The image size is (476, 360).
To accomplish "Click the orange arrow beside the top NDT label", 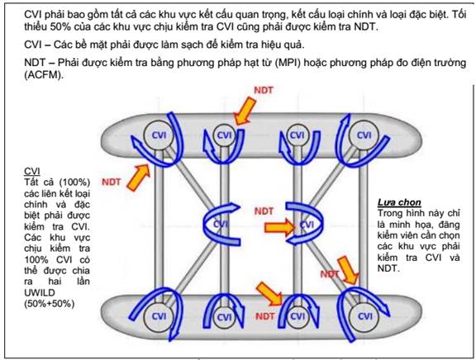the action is point(245,111).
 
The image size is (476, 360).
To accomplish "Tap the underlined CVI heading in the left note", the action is point(32,172).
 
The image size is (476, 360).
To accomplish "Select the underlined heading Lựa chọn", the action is point(399,202).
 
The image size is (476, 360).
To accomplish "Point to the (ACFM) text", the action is point(44,74).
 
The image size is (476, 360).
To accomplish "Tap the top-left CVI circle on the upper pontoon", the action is point(158,135).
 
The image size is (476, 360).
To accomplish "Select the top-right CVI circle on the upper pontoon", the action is point(364,135).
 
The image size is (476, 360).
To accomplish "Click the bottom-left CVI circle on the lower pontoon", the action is point(158,316).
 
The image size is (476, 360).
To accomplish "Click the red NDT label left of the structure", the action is point(111,182).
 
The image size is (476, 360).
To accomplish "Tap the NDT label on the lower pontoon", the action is point(265,316).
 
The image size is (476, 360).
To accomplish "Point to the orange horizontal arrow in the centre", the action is point(279,227).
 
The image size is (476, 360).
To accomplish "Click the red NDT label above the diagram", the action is point(263,90).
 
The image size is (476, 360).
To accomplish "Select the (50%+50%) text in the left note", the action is point(50,304).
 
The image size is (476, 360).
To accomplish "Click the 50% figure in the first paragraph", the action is point(60,26).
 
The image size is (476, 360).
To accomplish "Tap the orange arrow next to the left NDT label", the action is point(139,178).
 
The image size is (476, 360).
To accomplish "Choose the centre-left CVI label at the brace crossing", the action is point(220,224).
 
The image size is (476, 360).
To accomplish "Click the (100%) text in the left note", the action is point(74,182).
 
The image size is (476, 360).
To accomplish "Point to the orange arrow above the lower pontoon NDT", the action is point(269,293).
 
